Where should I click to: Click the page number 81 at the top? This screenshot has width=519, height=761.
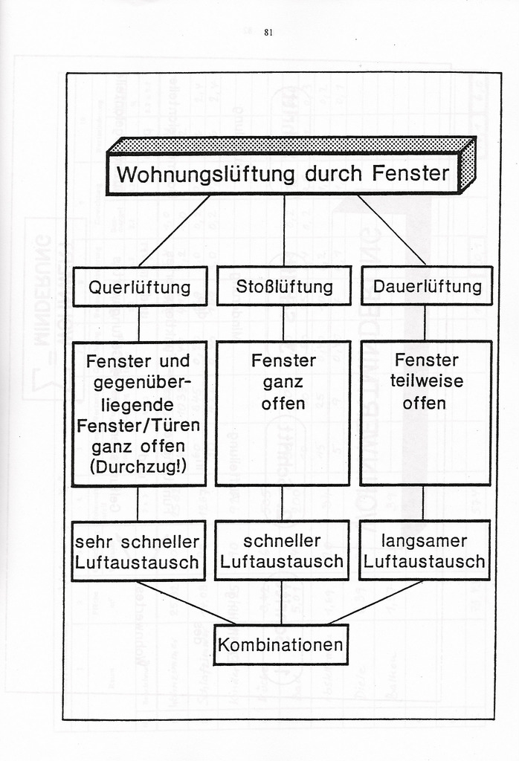click(x=268, y=33)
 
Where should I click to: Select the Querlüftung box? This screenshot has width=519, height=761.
click(x=140, y=287)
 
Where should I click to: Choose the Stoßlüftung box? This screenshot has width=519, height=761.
click(x=284, y=287)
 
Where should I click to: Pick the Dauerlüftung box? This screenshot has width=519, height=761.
click(x=427, y=287)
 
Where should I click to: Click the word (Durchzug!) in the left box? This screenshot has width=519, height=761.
click(x=139, y=467)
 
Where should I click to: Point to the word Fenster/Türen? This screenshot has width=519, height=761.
click(x=139, y=427)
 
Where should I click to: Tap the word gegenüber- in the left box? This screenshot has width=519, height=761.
click(x=139, y=383)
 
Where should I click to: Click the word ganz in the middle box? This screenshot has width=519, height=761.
click(x=283, y=382)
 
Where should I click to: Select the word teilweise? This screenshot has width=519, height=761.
click(x=426, y=381)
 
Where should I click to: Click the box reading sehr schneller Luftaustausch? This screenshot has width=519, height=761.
click(x=138, y=551)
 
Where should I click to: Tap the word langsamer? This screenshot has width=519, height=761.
click(x=425, y=540)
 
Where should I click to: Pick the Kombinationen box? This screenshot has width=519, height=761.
click(x=281, y=644)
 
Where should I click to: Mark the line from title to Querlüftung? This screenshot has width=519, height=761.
click(x=174, y=230)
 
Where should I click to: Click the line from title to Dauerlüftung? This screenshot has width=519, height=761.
click(x=392, y=230)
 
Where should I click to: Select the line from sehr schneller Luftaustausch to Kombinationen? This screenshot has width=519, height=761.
click(x=186, y=603)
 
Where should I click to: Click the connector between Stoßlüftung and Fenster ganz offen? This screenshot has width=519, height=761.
click(x=283, y=323)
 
